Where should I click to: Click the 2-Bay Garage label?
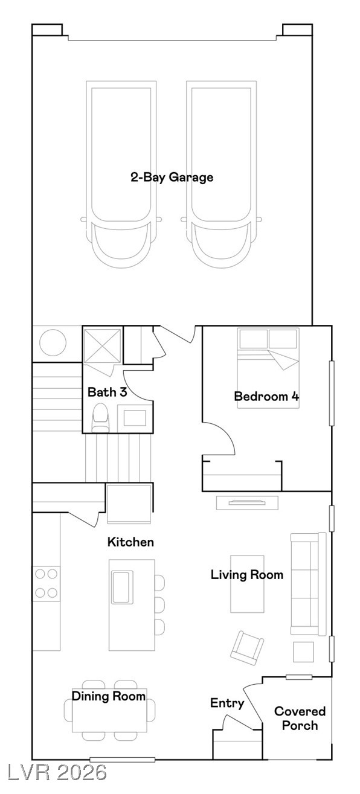pos(172,178)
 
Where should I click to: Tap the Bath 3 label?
pos(107,392)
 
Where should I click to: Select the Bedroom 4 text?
pos(266,396)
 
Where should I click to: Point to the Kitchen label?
pos(130,542)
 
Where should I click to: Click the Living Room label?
pos(247,575)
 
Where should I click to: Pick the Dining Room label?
pos(109,696)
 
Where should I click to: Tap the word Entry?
pos(227,703)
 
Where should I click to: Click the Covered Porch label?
pos(300,718)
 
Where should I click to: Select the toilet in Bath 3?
pos(100,418)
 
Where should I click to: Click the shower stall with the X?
pos(102,345)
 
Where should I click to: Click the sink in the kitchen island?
pos(123,587)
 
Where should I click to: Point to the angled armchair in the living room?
pos(247,648)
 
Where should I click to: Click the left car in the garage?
pos(121,174)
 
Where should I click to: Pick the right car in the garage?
pos(221,174)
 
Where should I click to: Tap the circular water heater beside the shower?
pos(53,343)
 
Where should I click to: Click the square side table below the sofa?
pos(303,652)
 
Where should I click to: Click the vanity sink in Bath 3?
pos(135,418)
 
